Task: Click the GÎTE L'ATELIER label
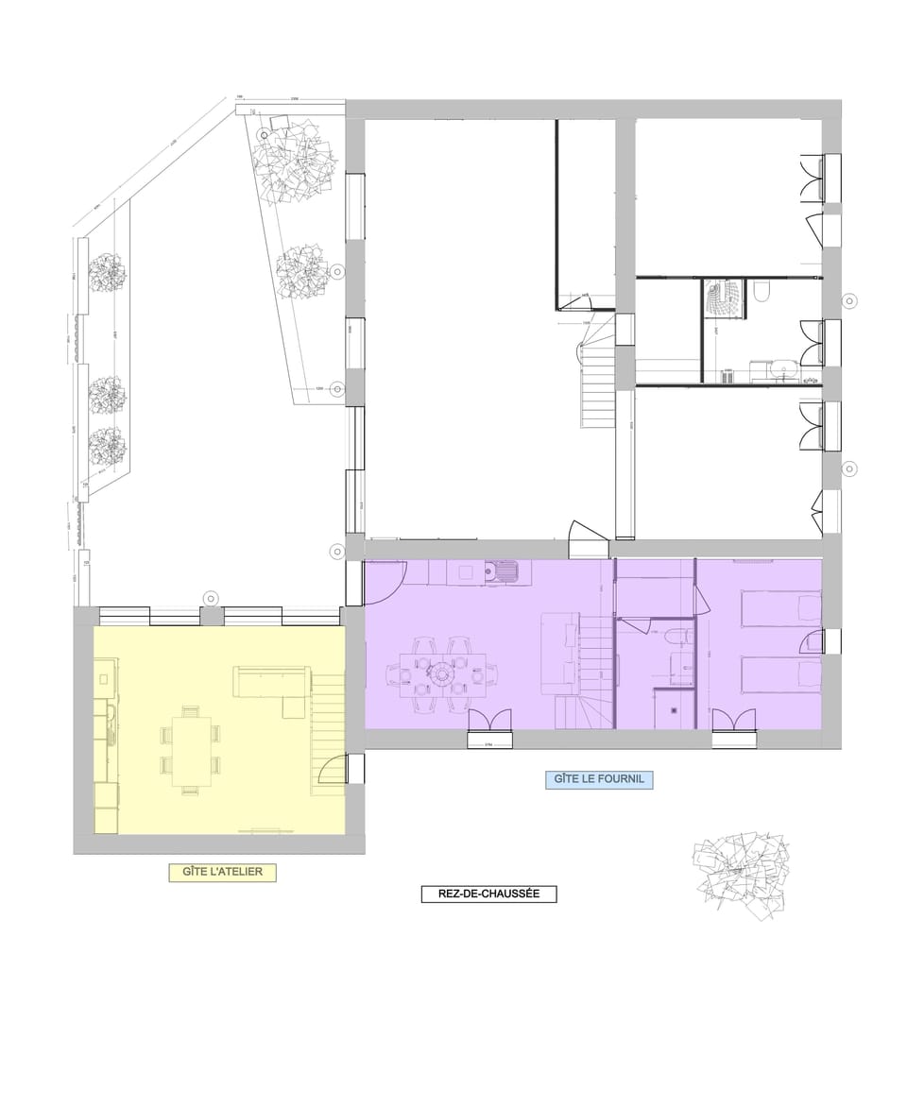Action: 222,872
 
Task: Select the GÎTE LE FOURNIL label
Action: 599,780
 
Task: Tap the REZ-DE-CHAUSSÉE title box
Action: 488,894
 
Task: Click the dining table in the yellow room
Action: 192,751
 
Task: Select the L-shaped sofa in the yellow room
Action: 273,685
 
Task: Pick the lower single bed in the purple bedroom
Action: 779,675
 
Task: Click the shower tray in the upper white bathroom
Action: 725,298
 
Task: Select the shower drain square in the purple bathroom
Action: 674,708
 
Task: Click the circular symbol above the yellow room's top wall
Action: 211,597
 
